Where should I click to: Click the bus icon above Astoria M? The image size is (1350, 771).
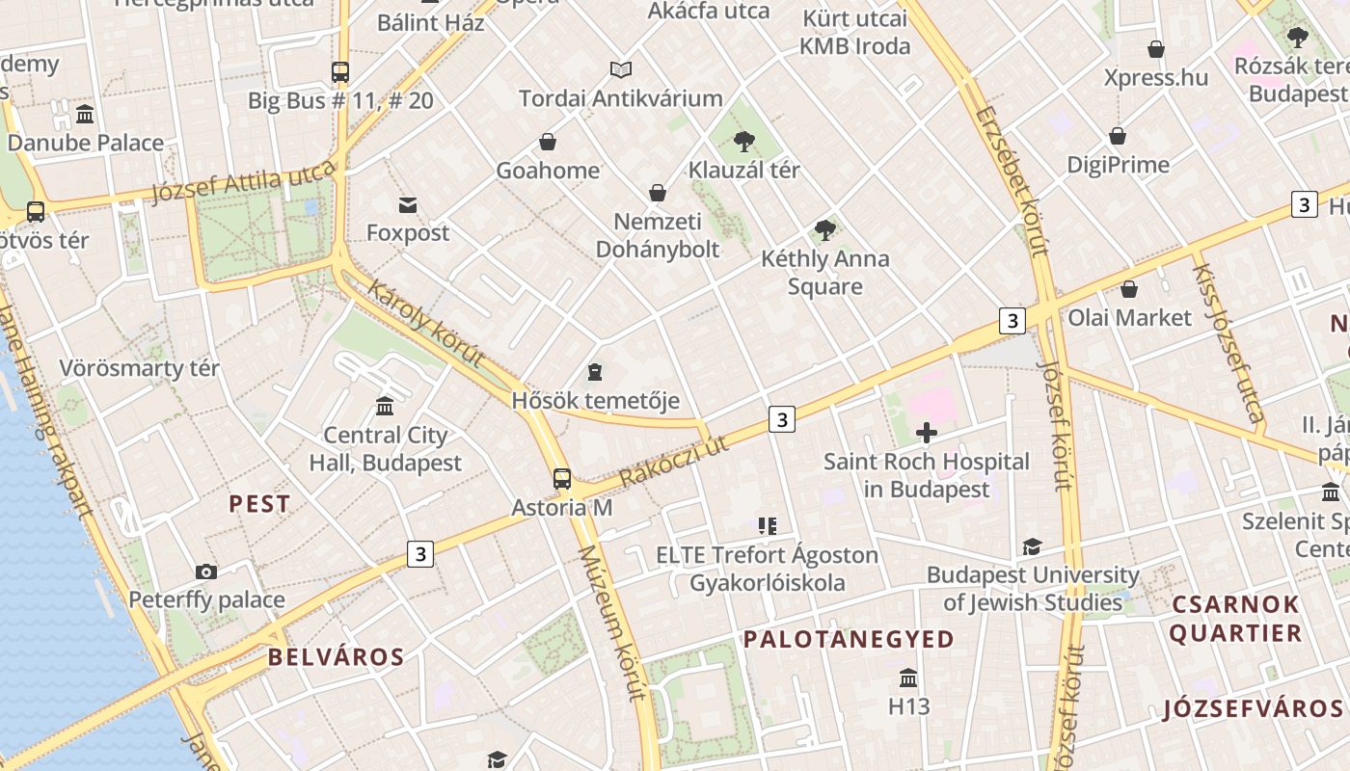(561, 478)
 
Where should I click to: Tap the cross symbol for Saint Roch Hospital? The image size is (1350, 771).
(927, 433)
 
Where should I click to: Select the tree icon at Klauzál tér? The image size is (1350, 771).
(743, 142)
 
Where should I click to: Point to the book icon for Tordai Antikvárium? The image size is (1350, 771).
(621, 70)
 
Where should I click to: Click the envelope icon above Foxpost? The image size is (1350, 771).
(408, 204)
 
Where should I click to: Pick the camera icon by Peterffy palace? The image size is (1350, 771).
(206, 572)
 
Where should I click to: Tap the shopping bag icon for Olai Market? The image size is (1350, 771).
(1129, 289)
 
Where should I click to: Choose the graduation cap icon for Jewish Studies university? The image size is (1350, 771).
(1032, 546)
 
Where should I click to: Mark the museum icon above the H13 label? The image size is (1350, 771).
(908, 678)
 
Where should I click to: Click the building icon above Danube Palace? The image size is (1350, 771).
(85, 114)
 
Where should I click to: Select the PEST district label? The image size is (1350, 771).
(259, 503)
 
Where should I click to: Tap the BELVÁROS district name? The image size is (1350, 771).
(336, 657)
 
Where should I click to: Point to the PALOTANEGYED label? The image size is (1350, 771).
(849, 639)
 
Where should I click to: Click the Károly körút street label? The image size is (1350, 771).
(425, 325)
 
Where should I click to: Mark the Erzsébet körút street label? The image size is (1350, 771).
(1012, 181)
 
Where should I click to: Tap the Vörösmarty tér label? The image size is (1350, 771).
(139, 368)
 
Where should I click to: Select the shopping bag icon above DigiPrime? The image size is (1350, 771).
(1118, 136)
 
